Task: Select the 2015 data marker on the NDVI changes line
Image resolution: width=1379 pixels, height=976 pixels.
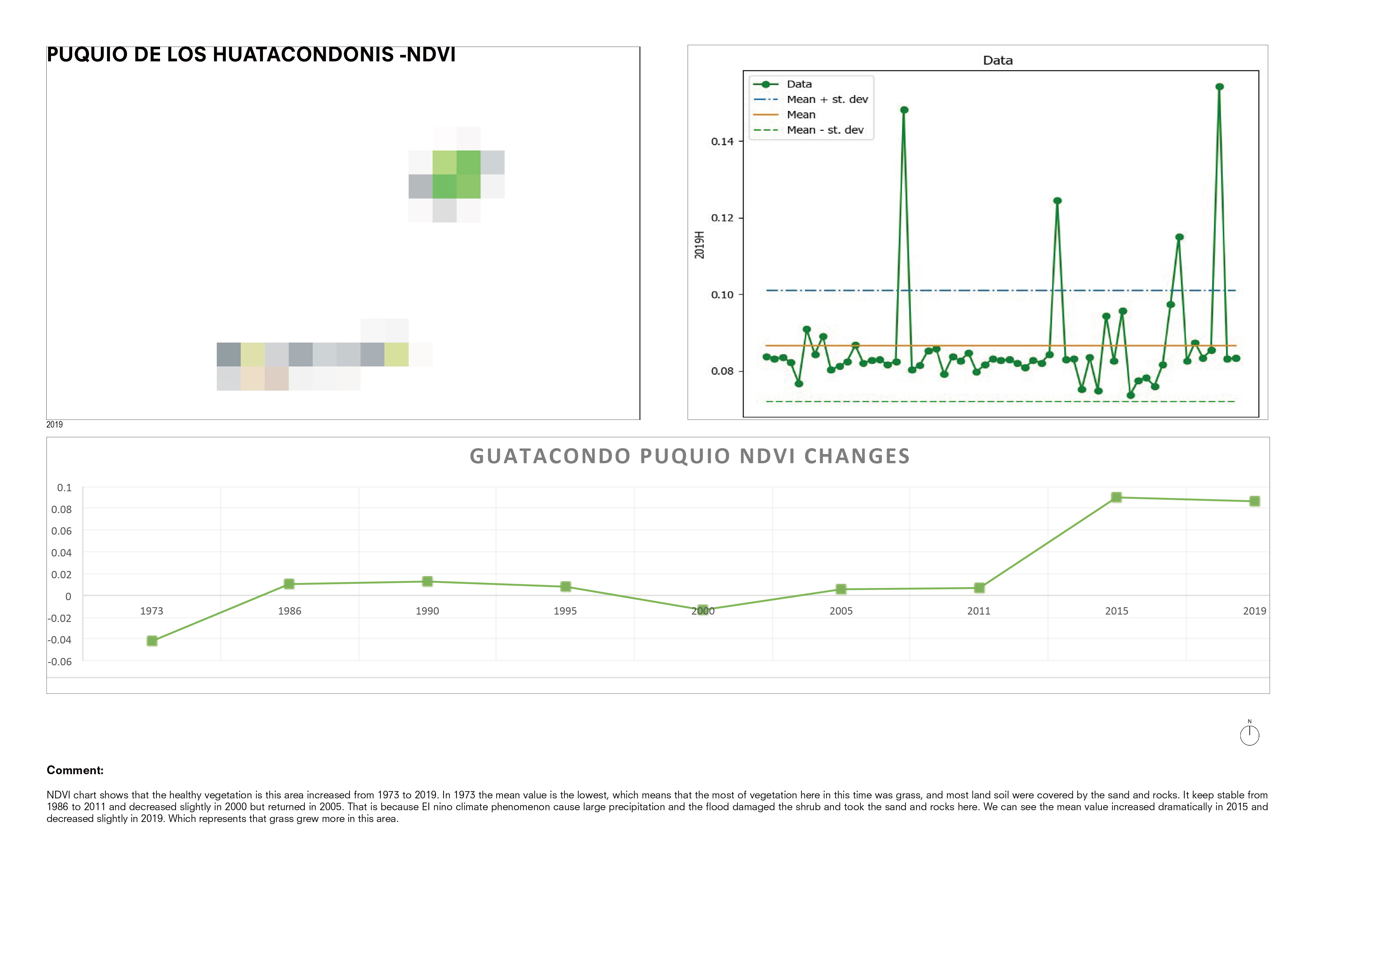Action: coord(1116,497)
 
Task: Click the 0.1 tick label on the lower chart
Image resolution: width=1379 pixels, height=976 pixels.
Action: coord(64,487)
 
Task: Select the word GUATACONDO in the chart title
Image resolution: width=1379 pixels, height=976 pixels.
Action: coord(549,456)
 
